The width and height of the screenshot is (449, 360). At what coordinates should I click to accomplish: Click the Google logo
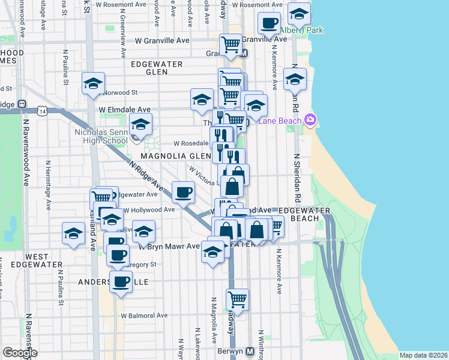(20, 353)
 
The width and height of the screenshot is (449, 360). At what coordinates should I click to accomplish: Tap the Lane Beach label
(282, 120)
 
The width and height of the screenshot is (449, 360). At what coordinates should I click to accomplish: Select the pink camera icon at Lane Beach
(310, 119)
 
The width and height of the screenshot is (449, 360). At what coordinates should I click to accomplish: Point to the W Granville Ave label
(162, 41)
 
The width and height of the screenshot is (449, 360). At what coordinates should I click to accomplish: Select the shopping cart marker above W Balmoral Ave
(238, 299)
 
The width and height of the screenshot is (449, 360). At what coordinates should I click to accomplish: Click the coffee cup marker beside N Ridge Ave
(184, 192)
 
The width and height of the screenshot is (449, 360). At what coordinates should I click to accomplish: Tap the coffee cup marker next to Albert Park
(269, 23)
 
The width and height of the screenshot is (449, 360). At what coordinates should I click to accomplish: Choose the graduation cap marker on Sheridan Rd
(295, 79)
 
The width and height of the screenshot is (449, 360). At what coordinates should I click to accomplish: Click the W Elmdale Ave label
(125, 110)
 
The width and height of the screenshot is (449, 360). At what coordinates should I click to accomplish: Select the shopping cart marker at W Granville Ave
(231, 44)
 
